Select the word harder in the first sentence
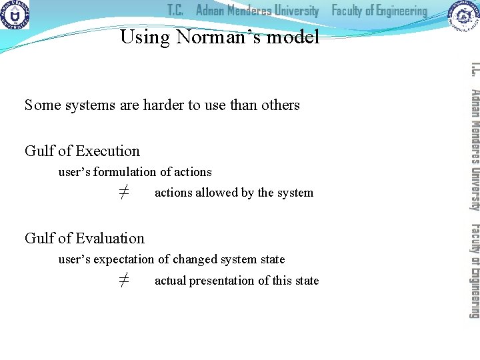click(165, 105)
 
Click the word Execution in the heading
click(107, 151)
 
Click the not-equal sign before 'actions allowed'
click(124, 193)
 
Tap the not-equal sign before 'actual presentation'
click(124, 281)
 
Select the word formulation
click(126, 172)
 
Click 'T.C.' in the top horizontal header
click(175, 11)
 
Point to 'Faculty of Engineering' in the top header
click(379, 11)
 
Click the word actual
click(170, 281)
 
